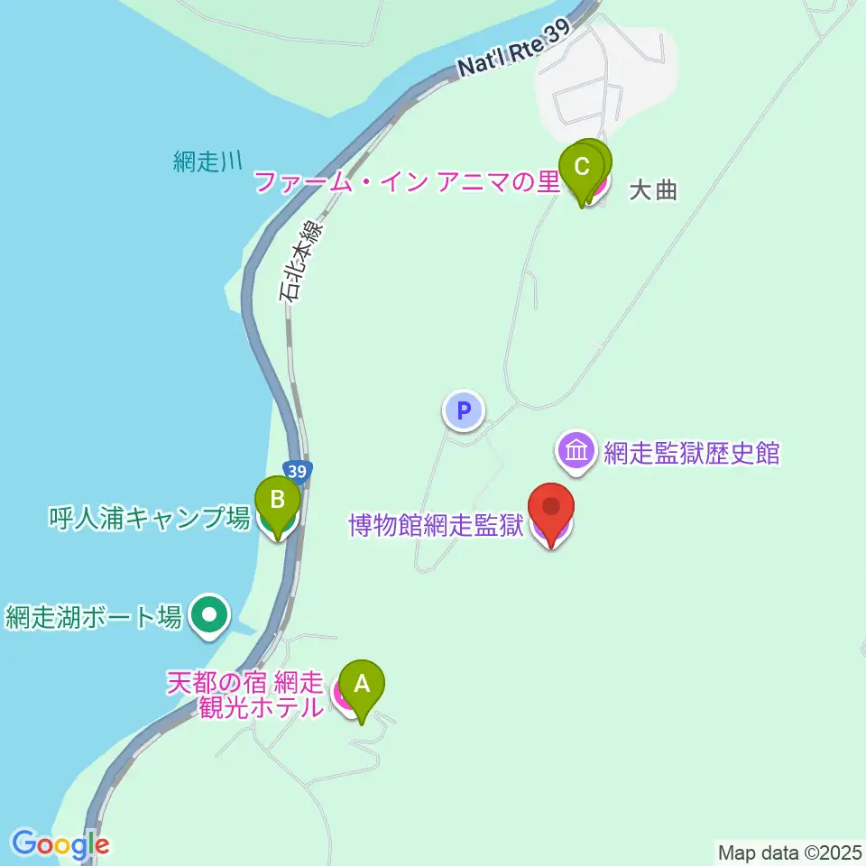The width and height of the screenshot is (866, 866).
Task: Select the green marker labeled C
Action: [x=582, y=169]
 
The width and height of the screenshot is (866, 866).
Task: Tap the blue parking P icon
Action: [x=464, y=411]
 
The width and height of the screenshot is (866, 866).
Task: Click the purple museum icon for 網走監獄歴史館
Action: [x=576, y=450]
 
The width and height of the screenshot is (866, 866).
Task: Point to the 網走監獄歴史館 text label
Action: [x=691, y=453]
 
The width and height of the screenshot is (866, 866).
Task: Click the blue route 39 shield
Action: [x=299, y=471]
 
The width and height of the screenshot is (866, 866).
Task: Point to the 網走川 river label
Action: [x=207, y=162]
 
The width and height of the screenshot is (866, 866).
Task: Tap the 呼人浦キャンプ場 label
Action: [x=149, y=518]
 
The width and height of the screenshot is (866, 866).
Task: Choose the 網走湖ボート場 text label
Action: [x=94, y=617]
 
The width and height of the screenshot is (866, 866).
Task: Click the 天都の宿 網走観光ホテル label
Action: [x=245, y=694]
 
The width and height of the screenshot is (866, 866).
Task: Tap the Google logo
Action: [x=60, y=844]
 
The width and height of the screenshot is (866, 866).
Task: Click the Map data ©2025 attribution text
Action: [x=789, y=852]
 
